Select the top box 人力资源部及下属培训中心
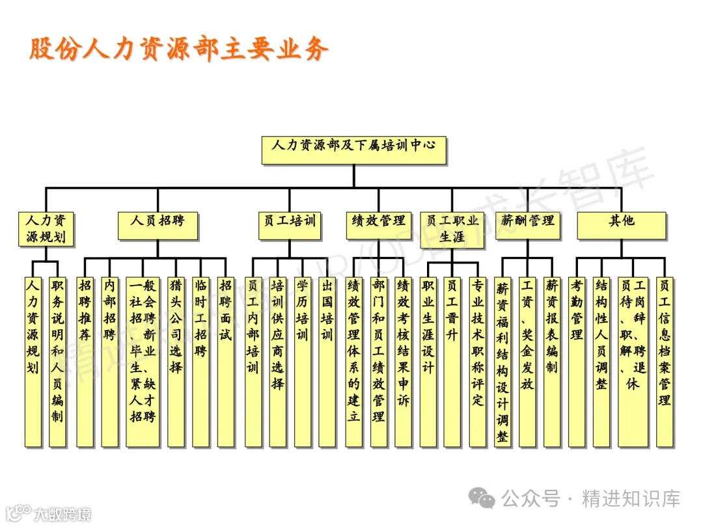pos(354,150)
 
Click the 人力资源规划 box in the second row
pos(46,230)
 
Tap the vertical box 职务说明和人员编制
pos(57,362)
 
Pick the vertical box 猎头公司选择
pos(176,362)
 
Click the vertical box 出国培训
pos(327,362)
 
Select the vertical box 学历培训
pos(303,362)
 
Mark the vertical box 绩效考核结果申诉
pos(404,362)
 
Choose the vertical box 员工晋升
pos(452,362)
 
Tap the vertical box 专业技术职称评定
pos(478,362)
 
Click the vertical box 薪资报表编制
pos(552,362)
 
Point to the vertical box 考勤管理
pos(577,362)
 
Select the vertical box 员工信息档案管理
pos(665,362)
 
